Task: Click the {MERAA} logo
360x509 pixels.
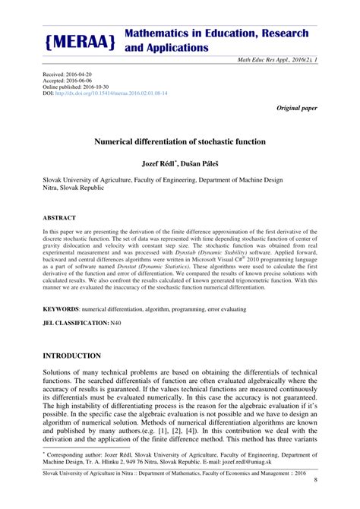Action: (x=81, y=43)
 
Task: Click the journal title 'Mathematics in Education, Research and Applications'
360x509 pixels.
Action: (x=216, y=40)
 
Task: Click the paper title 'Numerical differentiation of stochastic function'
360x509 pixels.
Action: (x=179, y=141)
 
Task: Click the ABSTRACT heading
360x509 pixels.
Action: (x=58, y=218)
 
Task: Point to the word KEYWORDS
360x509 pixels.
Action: (x=60, y=309)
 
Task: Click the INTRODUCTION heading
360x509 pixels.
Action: (x=72, y=356)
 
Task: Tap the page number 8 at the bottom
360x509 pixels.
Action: (x=314, y=500)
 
